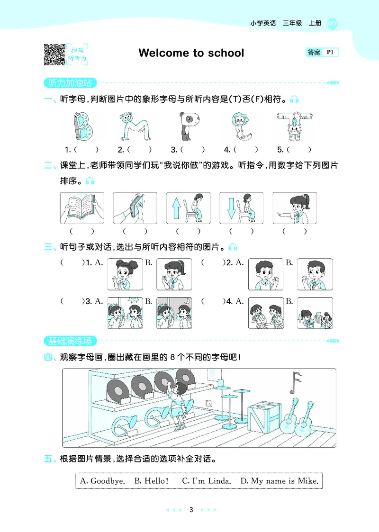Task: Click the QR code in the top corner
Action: tap(54, 54)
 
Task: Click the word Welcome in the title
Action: tap(162, 53)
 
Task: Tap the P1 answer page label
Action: tap(330, 52)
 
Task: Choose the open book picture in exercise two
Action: tap(82, 208)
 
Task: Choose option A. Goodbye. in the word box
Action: tap(102, 481)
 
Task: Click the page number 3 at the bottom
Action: tap(191, 510)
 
